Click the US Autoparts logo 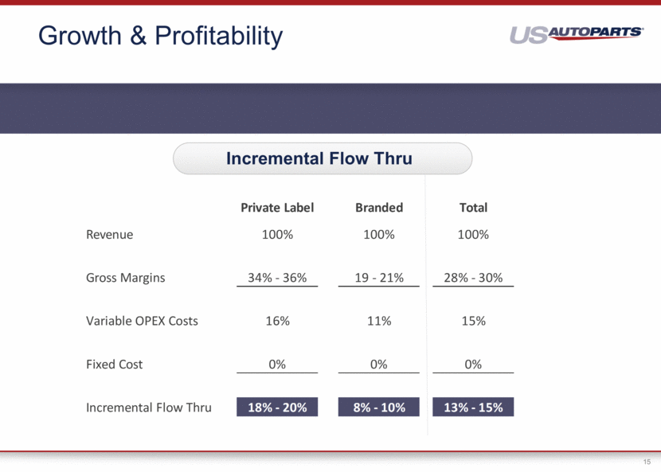[x=577, y=34]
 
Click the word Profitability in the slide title [x=219, y=37]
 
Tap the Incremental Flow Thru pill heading [x=323, y=158]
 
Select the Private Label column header [x=277, y=207]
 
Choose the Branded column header [x=379, y=207]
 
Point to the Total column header [x=473, y=207]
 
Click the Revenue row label [x=110, y=234]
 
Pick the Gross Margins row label [x=126, y=278]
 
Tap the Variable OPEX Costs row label [x=142, y=321]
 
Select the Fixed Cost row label [x=114, y=364]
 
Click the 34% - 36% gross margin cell [x=277, y=278]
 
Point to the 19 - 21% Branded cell [x=379, y=278]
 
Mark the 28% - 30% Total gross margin [x=473, y=278]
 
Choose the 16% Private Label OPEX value [x=277, y=321]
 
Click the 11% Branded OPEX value [x=379, y=321]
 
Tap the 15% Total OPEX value [x=473, y=321]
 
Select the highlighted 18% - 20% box [x=277, y=407]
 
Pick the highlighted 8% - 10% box [x=378, y=407]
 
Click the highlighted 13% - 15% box [x=473, y=407]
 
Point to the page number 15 [x=647, y=462]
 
